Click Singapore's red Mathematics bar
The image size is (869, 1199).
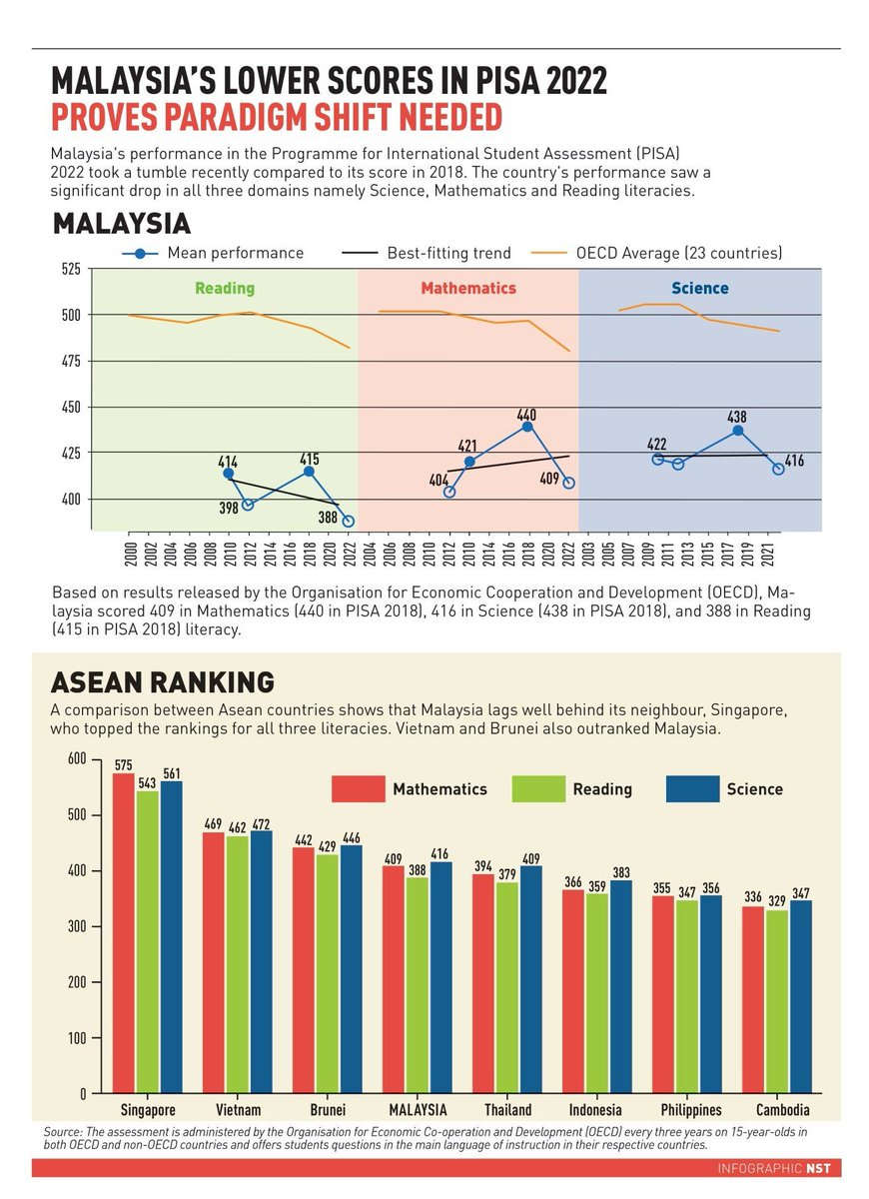coord(123,933)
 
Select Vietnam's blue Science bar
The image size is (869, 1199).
coord(261,962)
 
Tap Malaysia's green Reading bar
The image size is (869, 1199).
coord(417,985)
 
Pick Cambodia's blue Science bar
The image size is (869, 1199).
coord(801,997)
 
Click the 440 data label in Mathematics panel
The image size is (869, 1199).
coord(526,415)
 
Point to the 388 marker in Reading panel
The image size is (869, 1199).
coord(349,521)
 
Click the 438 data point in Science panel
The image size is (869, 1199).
coord(738,431)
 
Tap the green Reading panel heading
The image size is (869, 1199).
coord(225,288)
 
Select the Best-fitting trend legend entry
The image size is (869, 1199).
coord(427,253)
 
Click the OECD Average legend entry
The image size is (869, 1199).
coord(656,253)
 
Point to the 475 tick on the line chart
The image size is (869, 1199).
coord(72,362)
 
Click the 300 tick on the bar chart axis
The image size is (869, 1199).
coord(77,926)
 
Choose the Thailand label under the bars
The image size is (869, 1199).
coord(507,1110)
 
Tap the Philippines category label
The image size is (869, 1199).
coord(691,1111)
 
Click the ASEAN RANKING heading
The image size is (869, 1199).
coord(163,683)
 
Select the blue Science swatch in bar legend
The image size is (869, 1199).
coord(692,789)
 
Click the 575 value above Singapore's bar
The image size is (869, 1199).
coord(124,765)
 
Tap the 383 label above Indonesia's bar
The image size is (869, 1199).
coord(621,873)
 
